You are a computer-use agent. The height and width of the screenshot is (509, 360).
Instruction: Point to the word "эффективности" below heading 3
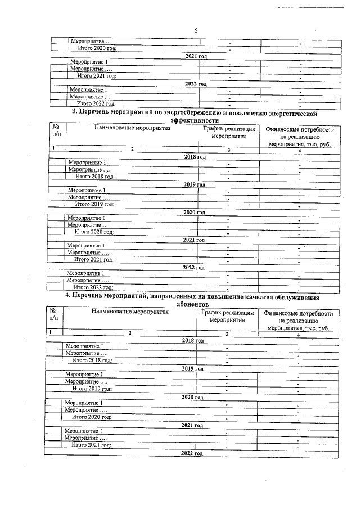pos(194,120)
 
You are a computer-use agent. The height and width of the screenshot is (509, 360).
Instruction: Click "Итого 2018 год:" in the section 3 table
pos(95,177)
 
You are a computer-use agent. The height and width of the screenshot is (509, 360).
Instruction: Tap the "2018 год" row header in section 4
pos(193,340)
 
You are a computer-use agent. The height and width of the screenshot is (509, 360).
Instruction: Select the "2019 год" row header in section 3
pos(195,184)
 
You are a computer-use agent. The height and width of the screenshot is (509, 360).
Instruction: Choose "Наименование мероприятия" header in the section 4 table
pos(130,314)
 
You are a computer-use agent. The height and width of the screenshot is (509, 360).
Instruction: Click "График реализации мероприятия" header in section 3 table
pos(229,133)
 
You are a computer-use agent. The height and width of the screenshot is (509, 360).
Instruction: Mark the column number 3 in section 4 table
pos(227,334)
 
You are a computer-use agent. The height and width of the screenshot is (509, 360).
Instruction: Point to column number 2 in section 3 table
pos(132,150)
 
